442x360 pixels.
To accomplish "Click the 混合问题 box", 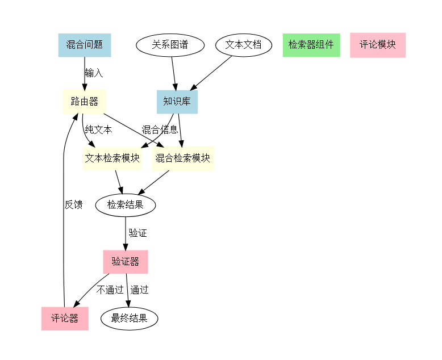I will click(x=84, y=45).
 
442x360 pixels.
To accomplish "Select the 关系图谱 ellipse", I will click(x=170, y=45).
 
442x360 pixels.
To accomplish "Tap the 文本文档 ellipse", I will click(x=243, y=45).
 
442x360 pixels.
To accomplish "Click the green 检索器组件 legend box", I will click(x=311, y=45).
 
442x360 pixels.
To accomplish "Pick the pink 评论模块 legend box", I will click(x=377, y=45).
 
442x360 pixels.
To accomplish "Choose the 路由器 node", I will click(x=84, y=102).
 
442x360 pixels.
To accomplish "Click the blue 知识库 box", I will click(x=177, y=102).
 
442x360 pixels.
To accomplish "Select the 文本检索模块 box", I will click(x=112, y=158).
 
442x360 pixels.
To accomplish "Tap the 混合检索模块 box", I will click(x=183, y=158).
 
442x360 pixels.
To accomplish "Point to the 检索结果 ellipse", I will click(x=125, y=204).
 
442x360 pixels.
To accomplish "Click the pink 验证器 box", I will click(x=125, y=262).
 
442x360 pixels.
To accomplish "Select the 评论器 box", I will click(x=64, y=319).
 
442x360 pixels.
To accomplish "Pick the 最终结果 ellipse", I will click(x=129, y=319).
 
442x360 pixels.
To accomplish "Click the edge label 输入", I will click(x=94, y=73).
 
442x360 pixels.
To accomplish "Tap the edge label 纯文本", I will click(x=98, y=130).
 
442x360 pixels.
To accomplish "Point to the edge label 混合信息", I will click(x=160, y=130).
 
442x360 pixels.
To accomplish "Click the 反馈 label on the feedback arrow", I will click(x=73, y=204).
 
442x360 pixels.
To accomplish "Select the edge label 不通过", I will click(x=110, y=290).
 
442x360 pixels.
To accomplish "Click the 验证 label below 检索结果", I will click(x=137, y=233).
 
